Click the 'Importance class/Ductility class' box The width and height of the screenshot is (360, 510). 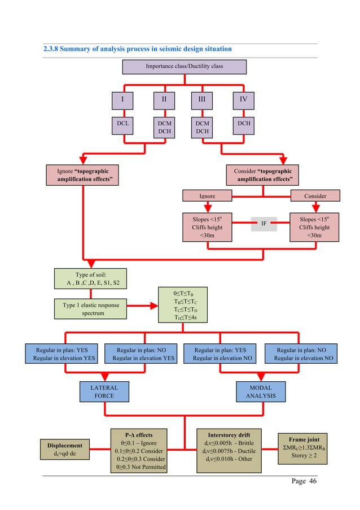(x=185, y=67)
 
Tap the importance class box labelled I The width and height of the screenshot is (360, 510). (x=122, y=101)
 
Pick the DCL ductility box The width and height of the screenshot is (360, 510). (x=122, y=127)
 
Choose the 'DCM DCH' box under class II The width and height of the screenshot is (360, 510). (x=164, y=127)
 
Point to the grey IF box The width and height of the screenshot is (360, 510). (x=264, y=224)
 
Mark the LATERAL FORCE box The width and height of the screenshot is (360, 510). (x=104, y=391)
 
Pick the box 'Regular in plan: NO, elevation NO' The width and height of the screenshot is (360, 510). (x=303, y=354)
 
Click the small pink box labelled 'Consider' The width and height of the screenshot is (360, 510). (x=315, y=196)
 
